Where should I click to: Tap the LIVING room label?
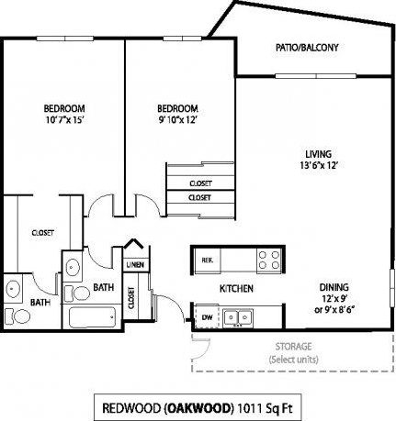[x=319, y=153]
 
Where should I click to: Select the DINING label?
[x=334, y=284]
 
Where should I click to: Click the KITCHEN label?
[x=236, y=289]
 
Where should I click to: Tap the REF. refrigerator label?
[x=207, y=260]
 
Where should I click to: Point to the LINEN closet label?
[x=134, y=265]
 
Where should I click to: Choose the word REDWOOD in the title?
[x=129, y=404]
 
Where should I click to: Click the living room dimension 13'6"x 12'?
[x=319, y=166]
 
